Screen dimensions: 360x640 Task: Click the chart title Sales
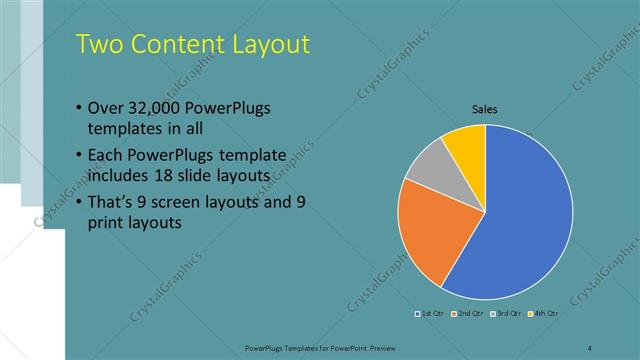coord(485,110)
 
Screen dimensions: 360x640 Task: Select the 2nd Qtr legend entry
coord(470,314)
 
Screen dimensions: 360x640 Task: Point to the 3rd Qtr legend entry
coord(507,314)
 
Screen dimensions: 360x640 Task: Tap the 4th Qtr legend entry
coord(544,314)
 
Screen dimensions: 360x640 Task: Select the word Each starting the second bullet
coord(105,155)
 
